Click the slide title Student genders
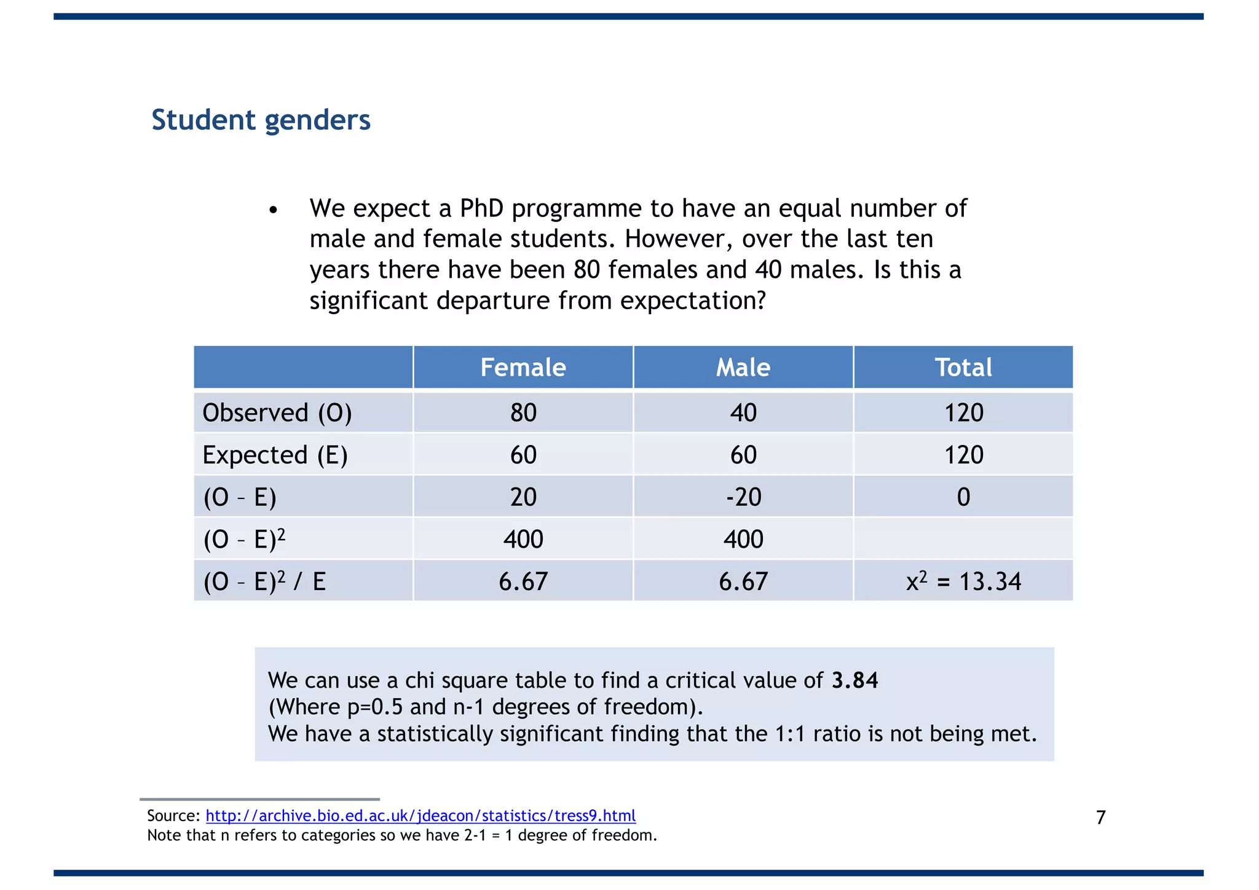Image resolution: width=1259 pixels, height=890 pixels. coord(261,120)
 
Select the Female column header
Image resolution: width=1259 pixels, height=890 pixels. coord(523,368)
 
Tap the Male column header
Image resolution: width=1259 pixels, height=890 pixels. coord(743,368)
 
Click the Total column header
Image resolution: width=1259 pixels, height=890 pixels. coord(963,368)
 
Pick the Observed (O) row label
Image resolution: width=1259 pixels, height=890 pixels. coord(277,412)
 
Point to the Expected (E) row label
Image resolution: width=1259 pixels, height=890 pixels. coord(275,455)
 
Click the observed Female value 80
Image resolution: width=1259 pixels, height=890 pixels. coord(523,412)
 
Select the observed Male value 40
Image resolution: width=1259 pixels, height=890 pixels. coord(743,412)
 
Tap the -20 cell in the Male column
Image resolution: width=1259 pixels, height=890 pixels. coord(743,497)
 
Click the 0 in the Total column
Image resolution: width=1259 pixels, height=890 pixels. coord(963,497)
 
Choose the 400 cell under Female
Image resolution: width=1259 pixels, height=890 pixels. coord(523,539)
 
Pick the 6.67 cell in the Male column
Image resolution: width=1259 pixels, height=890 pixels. coord(743,581)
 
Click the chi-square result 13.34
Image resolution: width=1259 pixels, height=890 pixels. coord(990,581)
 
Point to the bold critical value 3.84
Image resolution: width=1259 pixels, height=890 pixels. coord(854,680)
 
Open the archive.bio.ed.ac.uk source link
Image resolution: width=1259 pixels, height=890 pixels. coord(420,816)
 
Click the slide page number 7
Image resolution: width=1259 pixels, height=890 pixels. coord(1100,817)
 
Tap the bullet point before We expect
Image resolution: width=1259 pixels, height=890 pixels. coord(274,211)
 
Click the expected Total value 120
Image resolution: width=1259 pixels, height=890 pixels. coord(963,455)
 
